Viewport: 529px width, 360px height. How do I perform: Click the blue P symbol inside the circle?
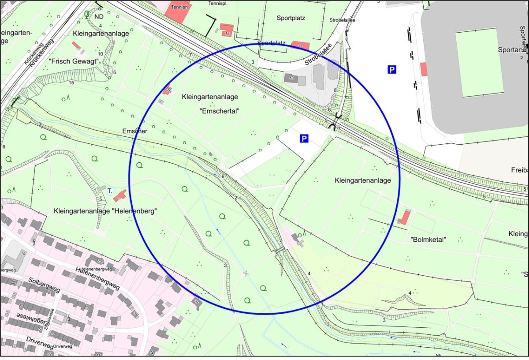click(304, 139)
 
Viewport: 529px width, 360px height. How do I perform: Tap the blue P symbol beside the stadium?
click(391, 69)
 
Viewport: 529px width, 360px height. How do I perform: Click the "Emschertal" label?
click(219, 111)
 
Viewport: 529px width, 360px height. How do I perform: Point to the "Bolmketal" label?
click(428, 240)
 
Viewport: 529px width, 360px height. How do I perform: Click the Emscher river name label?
click(134, 131)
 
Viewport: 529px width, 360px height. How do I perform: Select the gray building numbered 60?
click(291, 78)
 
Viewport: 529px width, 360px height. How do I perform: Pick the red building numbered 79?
click(167, 90)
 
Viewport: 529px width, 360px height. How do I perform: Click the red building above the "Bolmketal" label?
click(403, 217)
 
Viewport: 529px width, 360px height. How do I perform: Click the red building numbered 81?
click(300, 46)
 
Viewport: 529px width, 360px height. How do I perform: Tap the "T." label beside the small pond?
click(109, 191)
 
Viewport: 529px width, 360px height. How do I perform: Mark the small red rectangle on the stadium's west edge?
click(424, 69)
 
